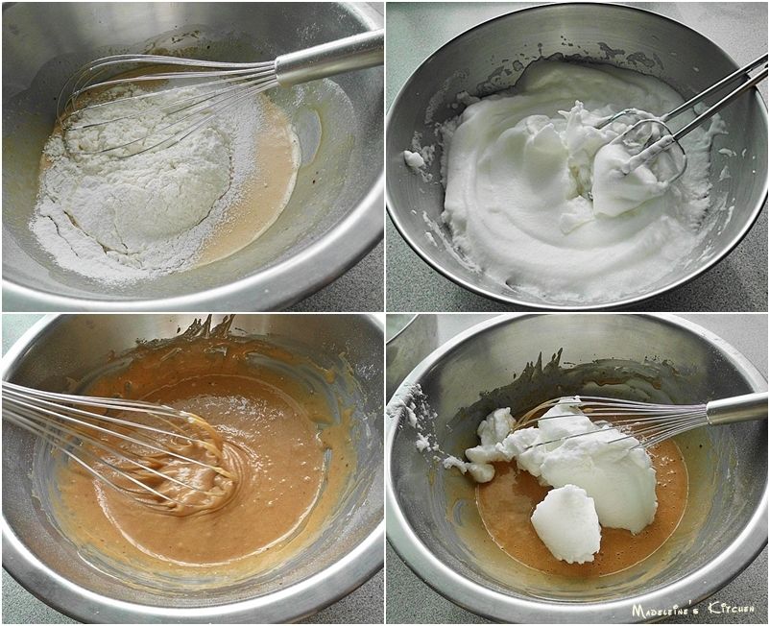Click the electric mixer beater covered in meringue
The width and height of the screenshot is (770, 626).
(x=634, y=167)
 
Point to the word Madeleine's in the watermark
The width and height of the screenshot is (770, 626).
(x=666, y=611)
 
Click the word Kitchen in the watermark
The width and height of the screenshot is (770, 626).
(x=731, y=609)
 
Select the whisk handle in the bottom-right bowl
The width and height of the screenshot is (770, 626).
(x=736, y=409)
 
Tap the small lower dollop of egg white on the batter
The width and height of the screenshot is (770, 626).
(x=565, y=523)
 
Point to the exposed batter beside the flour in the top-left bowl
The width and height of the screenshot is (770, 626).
(x=255, y=186)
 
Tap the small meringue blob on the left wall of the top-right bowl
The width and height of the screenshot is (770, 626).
(x=414, y=158)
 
